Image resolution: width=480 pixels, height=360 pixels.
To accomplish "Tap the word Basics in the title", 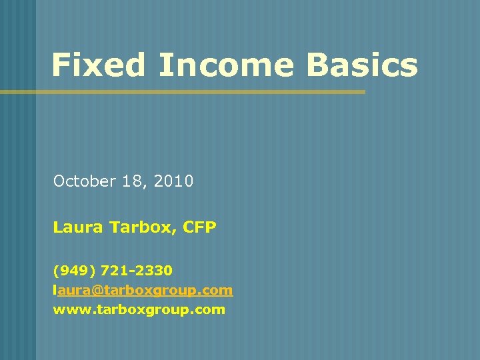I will tap(361, 65).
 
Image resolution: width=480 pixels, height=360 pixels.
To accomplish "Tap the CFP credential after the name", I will tap(201, 228).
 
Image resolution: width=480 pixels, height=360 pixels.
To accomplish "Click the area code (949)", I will tap(75, 271).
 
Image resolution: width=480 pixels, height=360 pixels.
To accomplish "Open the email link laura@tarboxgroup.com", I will tap(143, 290).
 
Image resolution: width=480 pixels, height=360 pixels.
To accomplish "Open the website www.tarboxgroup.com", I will tap(139, 309).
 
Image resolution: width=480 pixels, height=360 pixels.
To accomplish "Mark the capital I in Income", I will tap(163, 65).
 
